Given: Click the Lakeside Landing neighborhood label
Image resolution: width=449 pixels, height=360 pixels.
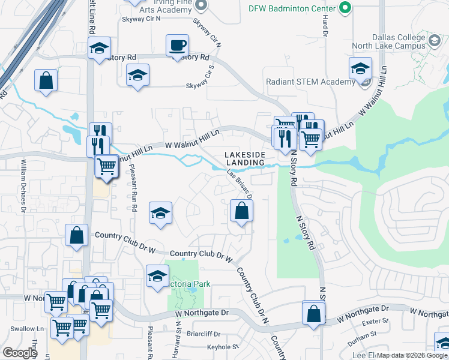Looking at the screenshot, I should (245, 159).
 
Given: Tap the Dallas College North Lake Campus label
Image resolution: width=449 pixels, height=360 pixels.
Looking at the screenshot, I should (399, 41).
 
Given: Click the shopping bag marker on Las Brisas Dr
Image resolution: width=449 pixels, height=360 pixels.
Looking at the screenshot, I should (241, 211).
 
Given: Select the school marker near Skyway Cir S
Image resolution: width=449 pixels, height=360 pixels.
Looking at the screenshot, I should (138, 76).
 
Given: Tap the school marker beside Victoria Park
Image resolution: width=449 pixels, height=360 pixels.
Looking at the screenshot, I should (157, 277).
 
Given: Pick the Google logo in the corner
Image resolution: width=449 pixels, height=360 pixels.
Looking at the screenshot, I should (20, 353).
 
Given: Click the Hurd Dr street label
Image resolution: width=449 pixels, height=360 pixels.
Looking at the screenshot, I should (324, 27).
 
